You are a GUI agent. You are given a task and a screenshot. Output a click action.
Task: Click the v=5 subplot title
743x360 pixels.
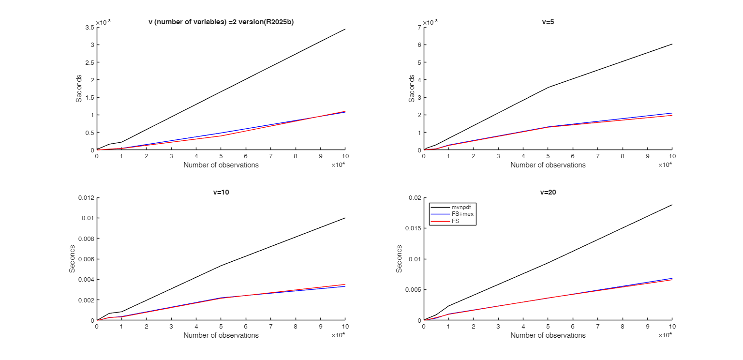(548, 22)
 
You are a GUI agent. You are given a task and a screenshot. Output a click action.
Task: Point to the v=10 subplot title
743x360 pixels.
(221, 192)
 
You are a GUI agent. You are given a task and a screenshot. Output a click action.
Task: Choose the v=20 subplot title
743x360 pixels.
(548, 192)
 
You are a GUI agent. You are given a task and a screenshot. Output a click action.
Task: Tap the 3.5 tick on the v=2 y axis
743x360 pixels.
(89, 28)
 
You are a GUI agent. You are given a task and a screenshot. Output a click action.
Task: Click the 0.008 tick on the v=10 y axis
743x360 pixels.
(86, 239)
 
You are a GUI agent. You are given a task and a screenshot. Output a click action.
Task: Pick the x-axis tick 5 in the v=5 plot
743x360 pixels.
(548, 156)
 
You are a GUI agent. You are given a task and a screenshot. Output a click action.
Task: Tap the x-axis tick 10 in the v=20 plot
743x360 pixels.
(672, 327)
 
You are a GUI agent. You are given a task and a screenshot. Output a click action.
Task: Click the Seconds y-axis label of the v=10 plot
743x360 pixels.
(72, 259)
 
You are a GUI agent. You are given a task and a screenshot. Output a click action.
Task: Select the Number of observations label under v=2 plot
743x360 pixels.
(221, 165)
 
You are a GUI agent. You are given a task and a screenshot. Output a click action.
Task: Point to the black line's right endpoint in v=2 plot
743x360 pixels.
(345, 29)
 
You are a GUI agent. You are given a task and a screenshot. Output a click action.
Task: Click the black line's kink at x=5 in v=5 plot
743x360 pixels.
(548, 88)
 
